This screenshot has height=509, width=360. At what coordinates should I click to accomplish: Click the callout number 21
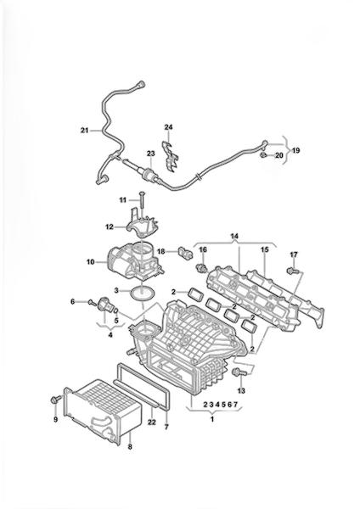[84, 131]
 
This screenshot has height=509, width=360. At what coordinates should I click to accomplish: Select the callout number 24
[168, 127]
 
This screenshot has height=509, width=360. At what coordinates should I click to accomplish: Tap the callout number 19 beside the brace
[295, 150]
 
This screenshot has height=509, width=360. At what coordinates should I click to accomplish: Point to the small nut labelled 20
[263, 155]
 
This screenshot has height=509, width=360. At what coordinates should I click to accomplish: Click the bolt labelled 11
[143, 200]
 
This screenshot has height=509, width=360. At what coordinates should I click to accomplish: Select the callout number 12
[110, 227]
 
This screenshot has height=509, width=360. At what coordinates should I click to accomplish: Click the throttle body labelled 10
[133, 262]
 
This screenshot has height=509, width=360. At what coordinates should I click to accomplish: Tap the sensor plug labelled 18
[185, 253]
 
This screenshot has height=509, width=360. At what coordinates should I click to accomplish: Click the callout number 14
[234, 237]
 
